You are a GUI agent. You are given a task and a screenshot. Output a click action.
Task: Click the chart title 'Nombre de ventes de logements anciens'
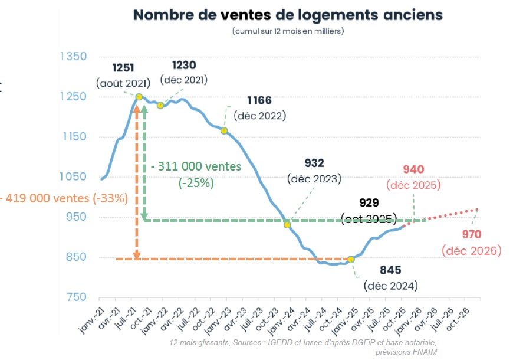288,15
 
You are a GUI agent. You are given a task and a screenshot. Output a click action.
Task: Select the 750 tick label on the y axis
75,297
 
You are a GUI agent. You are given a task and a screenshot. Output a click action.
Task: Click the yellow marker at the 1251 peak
139,97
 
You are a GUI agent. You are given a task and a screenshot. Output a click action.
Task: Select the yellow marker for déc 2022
224,130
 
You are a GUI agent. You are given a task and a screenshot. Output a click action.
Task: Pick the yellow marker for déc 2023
287,224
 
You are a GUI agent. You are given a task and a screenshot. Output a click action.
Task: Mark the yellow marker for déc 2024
351,259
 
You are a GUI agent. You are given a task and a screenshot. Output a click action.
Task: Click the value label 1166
259,100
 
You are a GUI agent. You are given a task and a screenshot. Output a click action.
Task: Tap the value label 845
390,271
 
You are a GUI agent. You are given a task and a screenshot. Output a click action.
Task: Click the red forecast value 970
471,235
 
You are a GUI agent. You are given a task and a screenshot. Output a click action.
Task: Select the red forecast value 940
413,169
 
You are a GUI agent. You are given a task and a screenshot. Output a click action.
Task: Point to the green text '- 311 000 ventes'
196,166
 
